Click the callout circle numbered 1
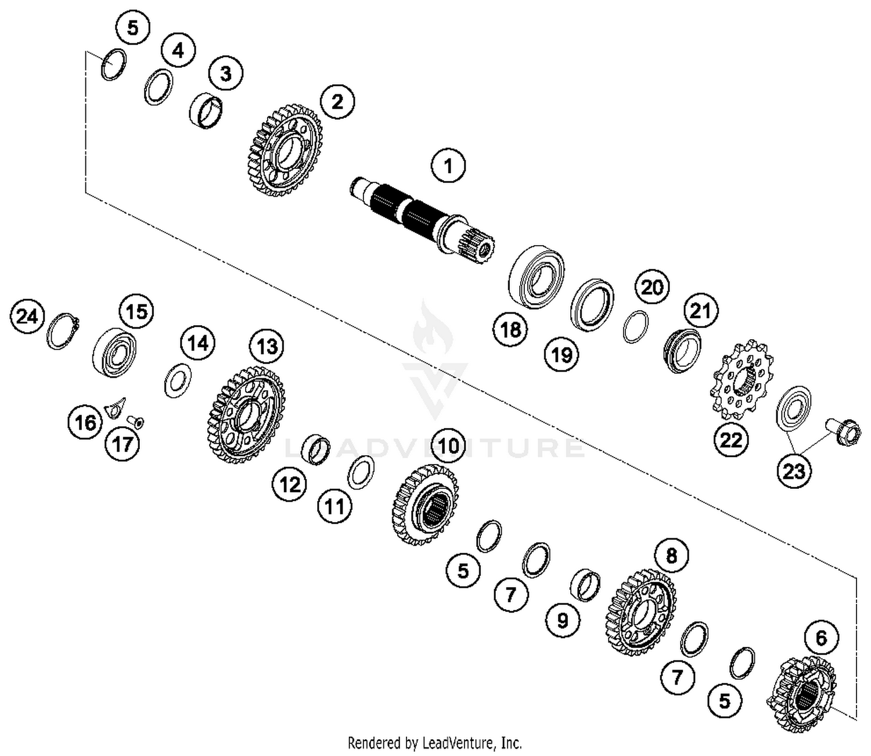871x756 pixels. [448, 167]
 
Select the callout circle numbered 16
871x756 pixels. [85, 422]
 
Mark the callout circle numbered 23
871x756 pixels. [793, 471]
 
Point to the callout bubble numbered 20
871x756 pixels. [652, 287]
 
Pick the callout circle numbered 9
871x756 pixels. [562, 621]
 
